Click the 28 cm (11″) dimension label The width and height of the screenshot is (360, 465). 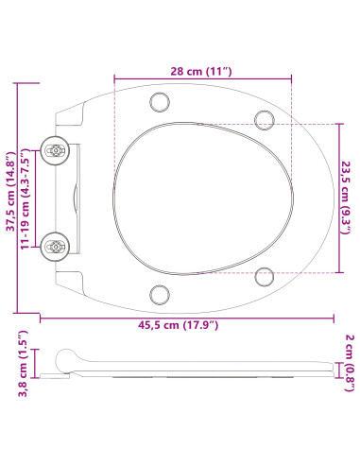coord(201,71)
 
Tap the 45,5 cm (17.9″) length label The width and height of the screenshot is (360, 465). coord(178,325)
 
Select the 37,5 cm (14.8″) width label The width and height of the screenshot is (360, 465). coord(10,191)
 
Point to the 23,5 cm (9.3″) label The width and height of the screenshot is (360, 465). coord(346,198)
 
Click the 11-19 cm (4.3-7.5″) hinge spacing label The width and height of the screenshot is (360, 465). coord(25,199)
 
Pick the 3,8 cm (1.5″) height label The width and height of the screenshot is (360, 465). coord(24,364)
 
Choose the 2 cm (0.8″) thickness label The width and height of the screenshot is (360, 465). coord(350,363)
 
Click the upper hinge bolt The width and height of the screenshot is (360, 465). coord(56,151)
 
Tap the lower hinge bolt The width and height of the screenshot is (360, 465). coord(56,247)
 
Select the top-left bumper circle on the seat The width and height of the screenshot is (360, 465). coord(160,102)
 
